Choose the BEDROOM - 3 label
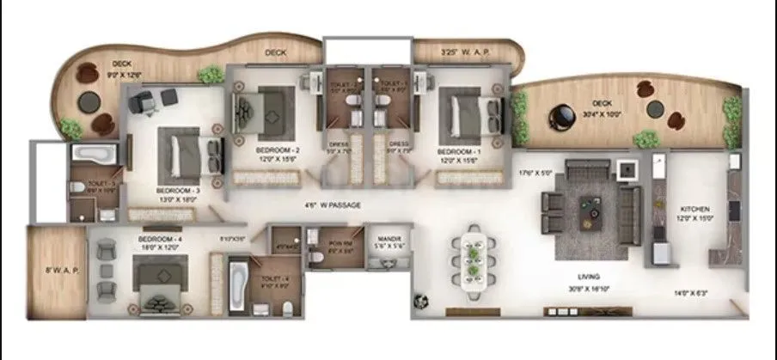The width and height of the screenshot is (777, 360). coord(176,190)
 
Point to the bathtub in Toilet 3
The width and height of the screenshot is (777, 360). coord(96,156)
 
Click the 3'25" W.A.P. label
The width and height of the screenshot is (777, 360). coord(464,52)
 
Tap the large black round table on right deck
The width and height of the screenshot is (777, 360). coord(564,114)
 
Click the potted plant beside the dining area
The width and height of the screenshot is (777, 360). coord(420,302)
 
